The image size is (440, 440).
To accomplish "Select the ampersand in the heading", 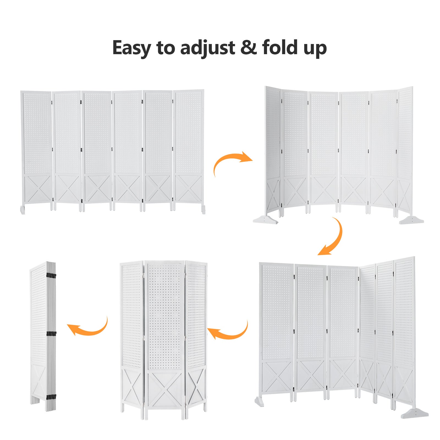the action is point(249,47).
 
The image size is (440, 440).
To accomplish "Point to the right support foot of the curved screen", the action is point(411,220).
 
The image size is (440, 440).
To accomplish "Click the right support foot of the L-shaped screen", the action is point(415,413).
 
